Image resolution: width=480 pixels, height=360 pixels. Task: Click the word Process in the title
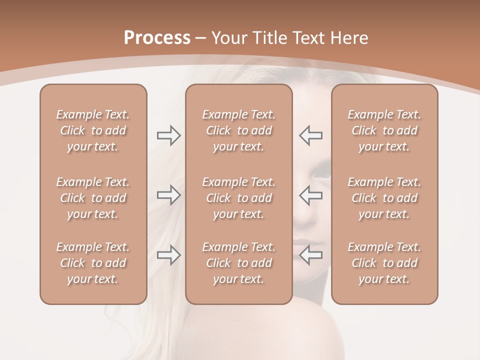pos(157,37)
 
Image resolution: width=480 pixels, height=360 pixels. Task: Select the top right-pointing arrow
pos(168,135)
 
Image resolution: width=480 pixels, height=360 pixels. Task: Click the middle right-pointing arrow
pos(168,195)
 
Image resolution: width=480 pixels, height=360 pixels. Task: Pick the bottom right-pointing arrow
pos(168,255)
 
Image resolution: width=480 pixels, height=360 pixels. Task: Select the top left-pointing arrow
pos(311,135)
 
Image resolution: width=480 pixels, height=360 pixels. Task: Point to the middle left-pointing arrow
pos(311,195)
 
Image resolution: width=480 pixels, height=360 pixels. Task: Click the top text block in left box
pos(93,130)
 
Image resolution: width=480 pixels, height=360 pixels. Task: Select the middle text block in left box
pos(93,198)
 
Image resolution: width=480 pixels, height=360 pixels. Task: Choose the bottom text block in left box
pos(93,263)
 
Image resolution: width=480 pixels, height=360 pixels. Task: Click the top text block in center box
pos(238,130)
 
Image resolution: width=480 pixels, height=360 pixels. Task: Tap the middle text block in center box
pos(238,198)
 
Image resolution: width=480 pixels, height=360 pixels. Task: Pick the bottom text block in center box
pos(238,263)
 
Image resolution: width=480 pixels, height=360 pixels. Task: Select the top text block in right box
pos(384,130)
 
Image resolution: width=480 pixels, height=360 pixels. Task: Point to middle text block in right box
pos(384,198)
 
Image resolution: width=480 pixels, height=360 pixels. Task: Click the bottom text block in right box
pos(384,263)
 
